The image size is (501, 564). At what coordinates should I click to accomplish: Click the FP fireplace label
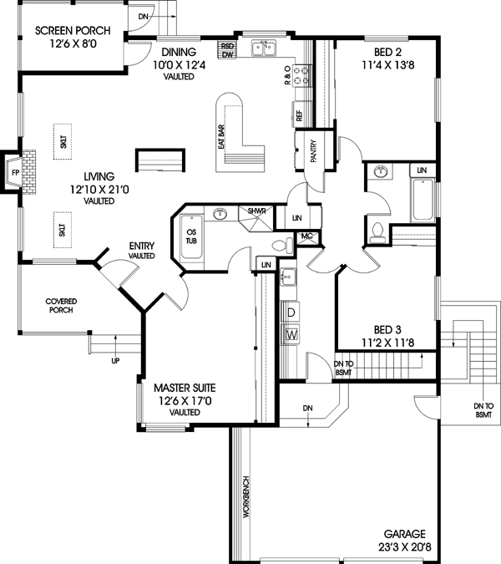click(x=15, y=173)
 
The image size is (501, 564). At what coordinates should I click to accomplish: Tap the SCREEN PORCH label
click(x=73, y=31)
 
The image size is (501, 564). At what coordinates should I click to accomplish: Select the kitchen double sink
click(x=264, y=48)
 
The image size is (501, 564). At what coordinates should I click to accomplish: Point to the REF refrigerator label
click(x=300, y=115)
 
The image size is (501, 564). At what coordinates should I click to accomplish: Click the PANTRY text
click(x=313, y=150)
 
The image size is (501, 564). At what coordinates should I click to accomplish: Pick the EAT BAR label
click(x=221, y=137)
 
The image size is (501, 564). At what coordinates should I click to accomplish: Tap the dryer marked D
click(x=291, y=312)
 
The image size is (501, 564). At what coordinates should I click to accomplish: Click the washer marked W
click(x=291, y=334)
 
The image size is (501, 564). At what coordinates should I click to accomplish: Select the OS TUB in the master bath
click(x=191, y=236)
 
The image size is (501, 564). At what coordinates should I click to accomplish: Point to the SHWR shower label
click(x=256, y=211)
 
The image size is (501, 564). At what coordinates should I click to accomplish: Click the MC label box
click(x=306, y=236)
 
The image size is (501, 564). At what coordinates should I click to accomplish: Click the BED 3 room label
click(x=387, y=329)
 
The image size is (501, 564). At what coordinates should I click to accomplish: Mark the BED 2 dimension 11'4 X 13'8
click(x=387, y=65)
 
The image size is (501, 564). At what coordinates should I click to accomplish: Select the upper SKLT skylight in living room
click(x=63, y=141)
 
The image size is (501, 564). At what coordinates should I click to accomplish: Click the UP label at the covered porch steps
click(x=115, y=361)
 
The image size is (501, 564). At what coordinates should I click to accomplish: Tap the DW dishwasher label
click(x=227, y=54)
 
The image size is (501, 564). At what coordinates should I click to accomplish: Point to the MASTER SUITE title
click(x=185, y=388)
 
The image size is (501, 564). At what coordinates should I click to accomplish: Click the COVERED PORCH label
click(x=61, y=305)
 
